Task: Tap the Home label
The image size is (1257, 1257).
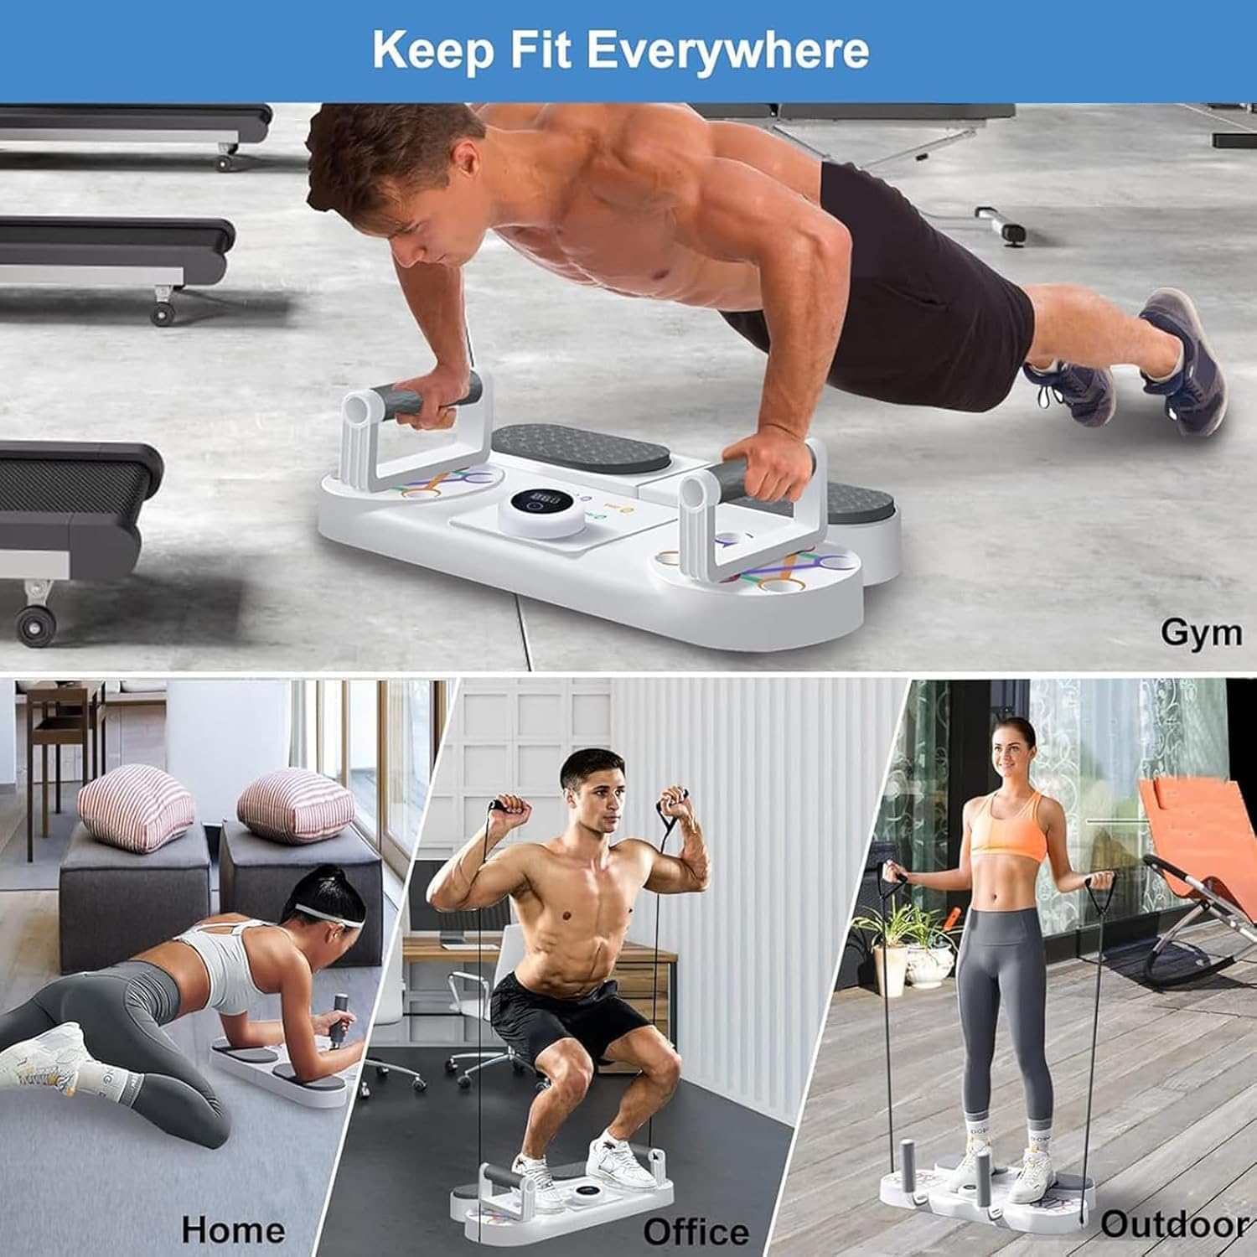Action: click(233, 1229)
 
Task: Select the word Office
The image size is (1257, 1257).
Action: click(696, 1231)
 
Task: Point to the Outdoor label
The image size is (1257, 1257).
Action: click(1173, 1223)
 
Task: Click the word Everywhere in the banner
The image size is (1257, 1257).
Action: click(727, 50)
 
